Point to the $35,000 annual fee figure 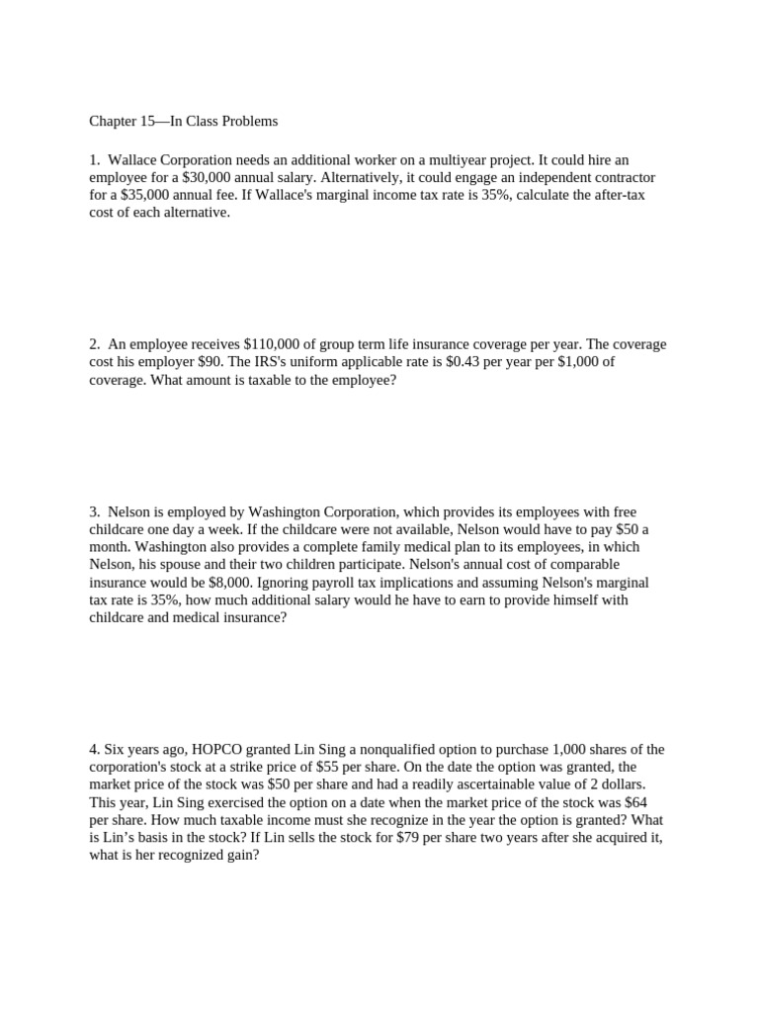click(x=140, y=195)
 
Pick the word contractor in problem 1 click(x=625, y=177)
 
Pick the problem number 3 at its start click(x=94, y=511)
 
